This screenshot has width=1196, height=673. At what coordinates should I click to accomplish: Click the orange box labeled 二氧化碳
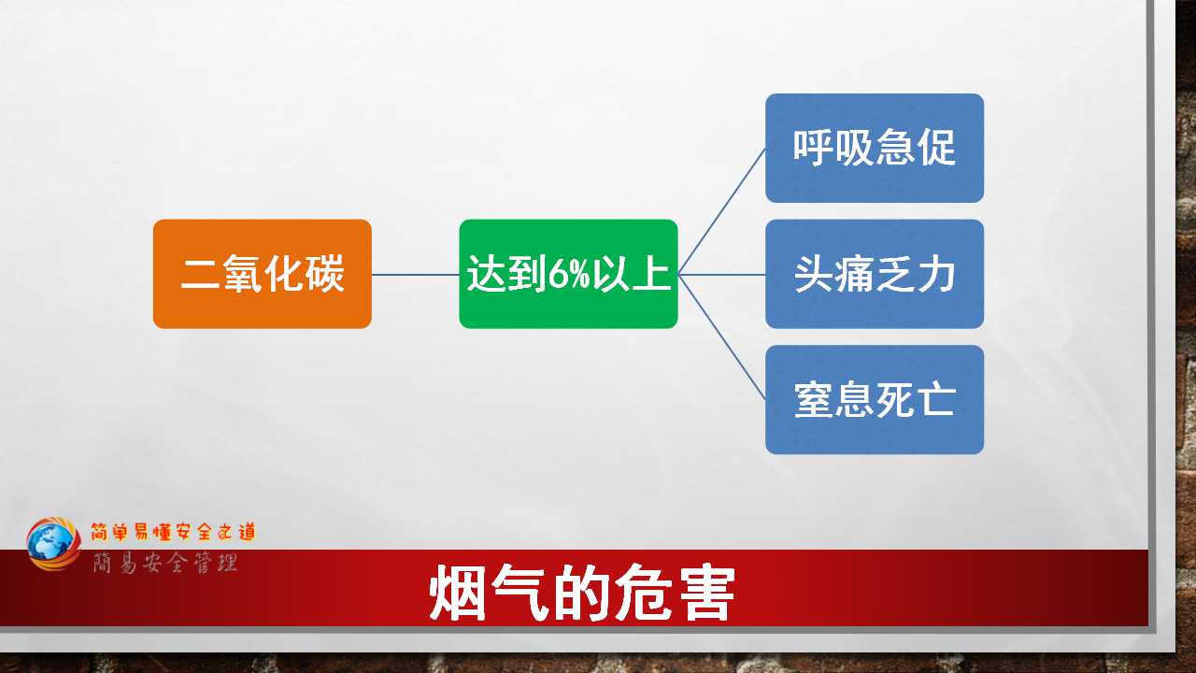[263, 274]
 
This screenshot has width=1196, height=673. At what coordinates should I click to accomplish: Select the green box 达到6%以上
[568, 274]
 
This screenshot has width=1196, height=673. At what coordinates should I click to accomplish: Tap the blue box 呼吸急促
[875, 148]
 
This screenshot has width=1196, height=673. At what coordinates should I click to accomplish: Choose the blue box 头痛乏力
[875, 274]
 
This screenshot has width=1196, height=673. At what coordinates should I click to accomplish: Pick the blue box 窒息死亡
[875, 399]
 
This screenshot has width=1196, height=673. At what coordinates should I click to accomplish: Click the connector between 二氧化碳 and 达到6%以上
[416, 275]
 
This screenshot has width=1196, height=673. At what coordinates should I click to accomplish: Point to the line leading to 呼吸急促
[722, 211]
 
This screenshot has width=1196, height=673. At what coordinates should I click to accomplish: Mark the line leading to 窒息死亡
[722, 337]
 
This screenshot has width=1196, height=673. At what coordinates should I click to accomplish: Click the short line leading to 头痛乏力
[722, 275]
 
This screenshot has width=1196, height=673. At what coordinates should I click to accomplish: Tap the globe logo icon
[53, 544]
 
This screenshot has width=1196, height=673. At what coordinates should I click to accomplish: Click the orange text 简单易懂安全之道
[173, 532]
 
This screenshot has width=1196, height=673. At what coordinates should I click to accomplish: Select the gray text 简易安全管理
[165, 564]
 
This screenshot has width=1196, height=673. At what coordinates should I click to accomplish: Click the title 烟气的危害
[582, 593]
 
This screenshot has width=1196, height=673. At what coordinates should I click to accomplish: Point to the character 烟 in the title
[458, 593]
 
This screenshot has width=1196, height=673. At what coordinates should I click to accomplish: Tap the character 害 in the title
[706, 593]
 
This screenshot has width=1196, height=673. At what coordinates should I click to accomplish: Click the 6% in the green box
[569, 274]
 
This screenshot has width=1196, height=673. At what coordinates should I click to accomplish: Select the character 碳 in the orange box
[324, 274]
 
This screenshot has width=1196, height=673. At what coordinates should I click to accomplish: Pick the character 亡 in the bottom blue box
[935, 399]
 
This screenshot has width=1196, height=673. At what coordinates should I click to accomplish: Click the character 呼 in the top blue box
[813, 148]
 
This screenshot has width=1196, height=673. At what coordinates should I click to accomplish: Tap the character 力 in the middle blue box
[935, 274]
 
